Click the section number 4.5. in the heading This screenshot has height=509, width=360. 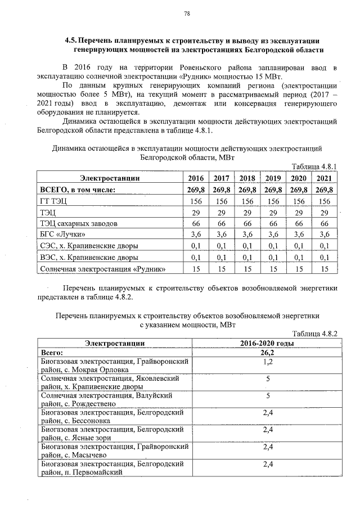click(71, 41)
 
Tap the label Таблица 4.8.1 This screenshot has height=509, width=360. click(315, 167)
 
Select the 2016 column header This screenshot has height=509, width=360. click(197, 178)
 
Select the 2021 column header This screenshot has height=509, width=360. click(323, 178)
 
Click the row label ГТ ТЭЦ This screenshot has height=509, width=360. click(53, 201)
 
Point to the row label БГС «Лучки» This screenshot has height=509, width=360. click(62, 235)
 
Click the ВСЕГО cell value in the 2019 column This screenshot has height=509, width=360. click(273, 190)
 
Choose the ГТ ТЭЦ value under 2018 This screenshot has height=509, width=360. click(247, 201)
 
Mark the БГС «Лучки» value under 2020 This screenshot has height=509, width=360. click(298, 235)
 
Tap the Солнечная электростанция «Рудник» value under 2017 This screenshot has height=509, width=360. click(222, 269)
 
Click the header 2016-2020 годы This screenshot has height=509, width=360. click(266, 344)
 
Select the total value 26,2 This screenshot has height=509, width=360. click(267, 353)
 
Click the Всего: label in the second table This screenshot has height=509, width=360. click(53, 353)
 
